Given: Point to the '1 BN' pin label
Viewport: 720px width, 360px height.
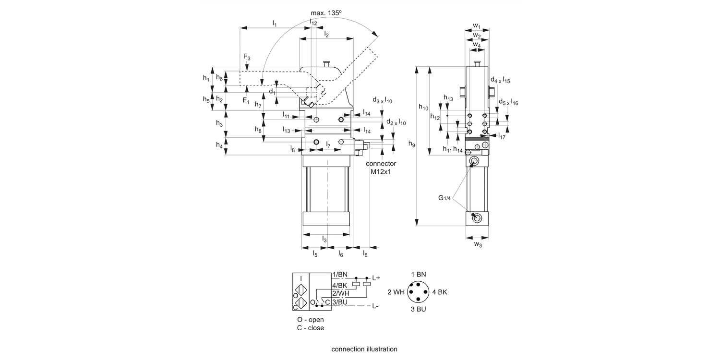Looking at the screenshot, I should point(418,274).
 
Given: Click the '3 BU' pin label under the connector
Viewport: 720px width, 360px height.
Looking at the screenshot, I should point(418,309).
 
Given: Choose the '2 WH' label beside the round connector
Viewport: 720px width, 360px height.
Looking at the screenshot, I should point(396,292).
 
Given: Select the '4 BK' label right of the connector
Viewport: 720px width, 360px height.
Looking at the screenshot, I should point(440,292).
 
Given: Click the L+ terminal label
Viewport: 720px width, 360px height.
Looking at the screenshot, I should point(376,278).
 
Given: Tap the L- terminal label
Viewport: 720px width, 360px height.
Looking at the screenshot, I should point(375,306).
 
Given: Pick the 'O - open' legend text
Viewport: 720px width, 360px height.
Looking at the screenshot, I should point(310,320).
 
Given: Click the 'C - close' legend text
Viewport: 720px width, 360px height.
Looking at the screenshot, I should point(310,328).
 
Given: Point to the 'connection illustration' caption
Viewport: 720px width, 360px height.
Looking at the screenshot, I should point(364,349).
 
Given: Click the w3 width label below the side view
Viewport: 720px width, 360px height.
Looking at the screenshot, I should point(478,244).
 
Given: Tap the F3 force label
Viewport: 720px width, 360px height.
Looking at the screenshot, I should point(247,58).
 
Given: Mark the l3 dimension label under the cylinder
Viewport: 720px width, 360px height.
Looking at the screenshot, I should point(324,240).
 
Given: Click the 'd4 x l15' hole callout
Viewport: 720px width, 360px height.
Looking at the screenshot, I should point(500,80).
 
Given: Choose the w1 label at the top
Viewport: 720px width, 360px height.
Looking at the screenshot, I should point(477,25).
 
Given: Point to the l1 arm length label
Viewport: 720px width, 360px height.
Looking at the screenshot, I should point(275,23).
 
